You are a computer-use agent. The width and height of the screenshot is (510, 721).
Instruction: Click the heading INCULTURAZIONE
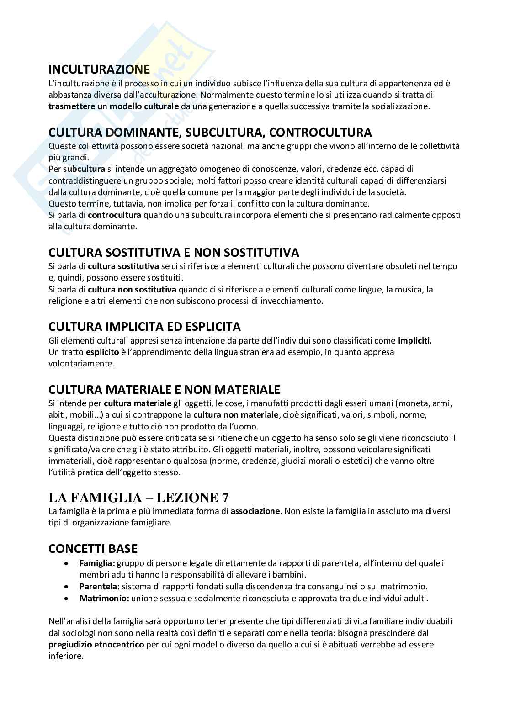point(99,70)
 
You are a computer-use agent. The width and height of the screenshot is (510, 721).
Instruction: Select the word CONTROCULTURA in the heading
point(320,133)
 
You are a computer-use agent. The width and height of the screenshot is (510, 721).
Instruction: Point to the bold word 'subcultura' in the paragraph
point(84,169)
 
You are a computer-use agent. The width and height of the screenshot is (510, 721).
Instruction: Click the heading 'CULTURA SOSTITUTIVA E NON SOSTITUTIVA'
point(174,253)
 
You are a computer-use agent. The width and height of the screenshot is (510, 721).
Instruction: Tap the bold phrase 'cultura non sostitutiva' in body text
point(132,289)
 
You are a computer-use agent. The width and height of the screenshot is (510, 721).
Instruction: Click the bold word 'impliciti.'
point(414,341)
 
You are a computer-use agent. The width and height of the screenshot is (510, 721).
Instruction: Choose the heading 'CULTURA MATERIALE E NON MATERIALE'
point(164,390)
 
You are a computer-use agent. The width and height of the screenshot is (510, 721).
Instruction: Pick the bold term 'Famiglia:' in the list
point(96,563)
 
